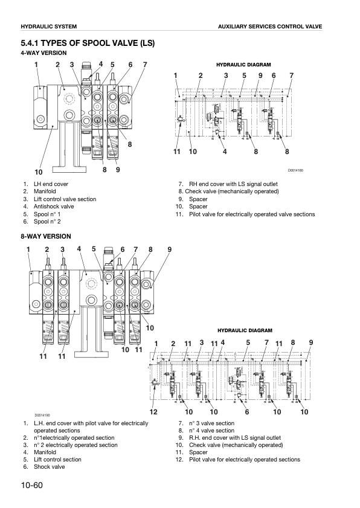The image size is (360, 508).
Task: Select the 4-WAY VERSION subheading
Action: pos(43,53)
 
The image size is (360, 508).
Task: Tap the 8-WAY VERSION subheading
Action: pos(45,236)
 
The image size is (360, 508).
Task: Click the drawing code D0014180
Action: pos(295,171)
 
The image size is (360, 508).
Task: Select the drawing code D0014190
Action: pos(42,415)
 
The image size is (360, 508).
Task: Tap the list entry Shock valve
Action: pos(49,467)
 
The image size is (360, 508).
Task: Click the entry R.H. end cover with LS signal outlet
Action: pos(235,438)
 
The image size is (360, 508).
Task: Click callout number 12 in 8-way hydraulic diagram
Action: pos(153,411)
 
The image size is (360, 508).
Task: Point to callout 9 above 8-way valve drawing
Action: pos(170,249)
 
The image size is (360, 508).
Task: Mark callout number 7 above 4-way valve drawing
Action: pos(145,65)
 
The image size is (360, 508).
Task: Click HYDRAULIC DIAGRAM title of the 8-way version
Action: pos(245,330)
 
